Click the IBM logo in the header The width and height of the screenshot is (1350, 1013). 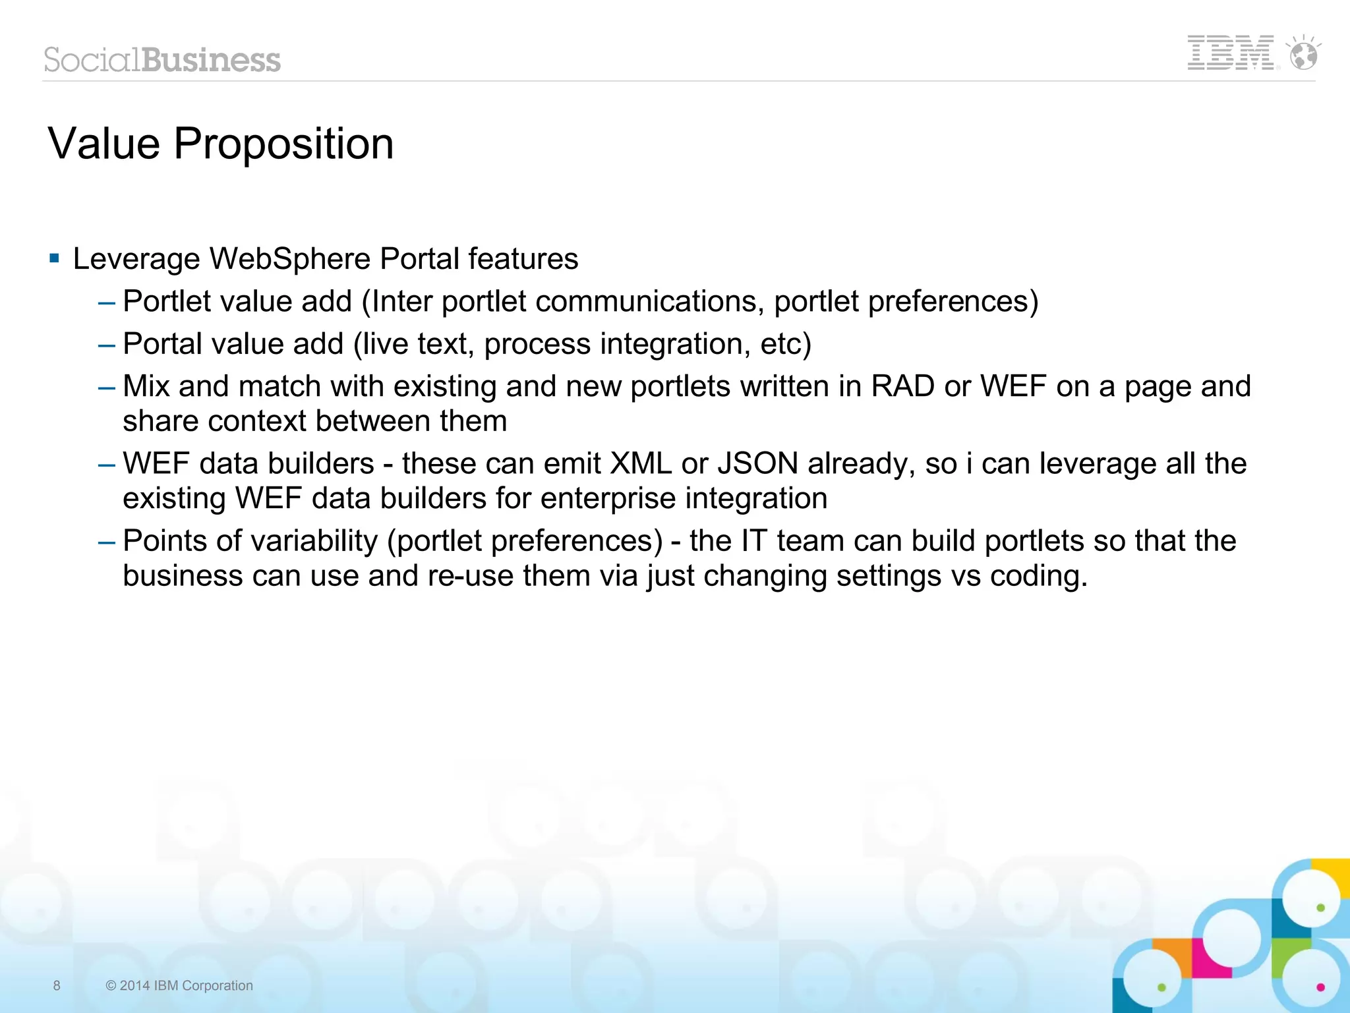[x=1230, y=53]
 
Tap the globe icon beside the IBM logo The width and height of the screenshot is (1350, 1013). [x=1303, y=53]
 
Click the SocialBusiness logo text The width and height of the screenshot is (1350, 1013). [x=162, y=60]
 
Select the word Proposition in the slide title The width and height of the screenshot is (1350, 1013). [x=283, y=144]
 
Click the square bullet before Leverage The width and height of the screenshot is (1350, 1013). [x=55, y=258]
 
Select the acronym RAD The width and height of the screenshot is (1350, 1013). [x=902, y=386]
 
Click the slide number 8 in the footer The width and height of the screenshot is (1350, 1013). [x=57, y=985]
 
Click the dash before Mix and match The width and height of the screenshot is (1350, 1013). [x=106, y=388]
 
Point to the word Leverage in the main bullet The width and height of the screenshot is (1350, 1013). [x=136, y=259]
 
